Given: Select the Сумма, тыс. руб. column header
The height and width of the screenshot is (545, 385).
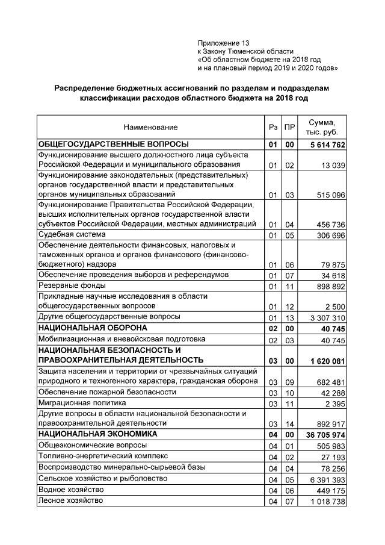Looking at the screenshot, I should tap(322, 127).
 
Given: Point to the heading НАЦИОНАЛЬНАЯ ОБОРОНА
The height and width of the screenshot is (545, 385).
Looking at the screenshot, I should tap(93, 328).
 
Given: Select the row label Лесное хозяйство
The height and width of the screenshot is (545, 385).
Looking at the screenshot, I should tap(70, 500).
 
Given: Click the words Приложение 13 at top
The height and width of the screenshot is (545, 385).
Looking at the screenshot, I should tap(223, 43).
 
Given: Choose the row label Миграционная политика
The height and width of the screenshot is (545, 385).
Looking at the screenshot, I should tap(82, 402).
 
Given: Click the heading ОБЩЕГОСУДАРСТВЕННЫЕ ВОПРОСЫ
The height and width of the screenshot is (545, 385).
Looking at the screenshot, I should tap(113, 145).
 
